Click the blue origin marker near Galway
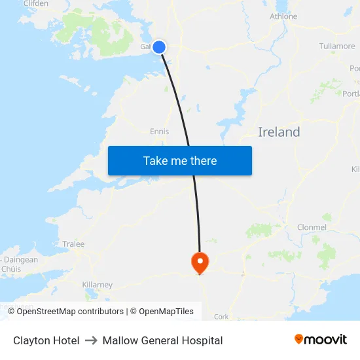pos(158,46)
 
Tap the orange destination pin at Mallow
pos(200,262)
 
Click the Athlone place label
pos(283,16)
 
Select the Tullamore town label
pos(336,46)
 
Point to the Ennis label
pos(159,132)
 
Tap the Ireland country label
pos(279,132)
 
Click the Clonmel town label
pos(311,227)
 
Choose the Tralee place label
pos(73,244)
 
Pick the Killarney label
pos(98,285)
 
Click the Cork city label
pos(221,317)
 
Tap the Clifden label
pos(36,4)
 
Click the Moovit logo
pos(321,340)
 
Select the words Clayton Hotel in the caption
pos(46,340)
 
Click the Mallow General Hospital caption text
pos(162,340)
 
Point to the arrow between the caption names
pos(91,340)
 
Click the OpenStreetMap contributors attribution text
pos(70,312)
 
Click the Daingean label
pos(21,260)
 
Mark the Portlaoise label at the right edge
pos(351,94)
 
